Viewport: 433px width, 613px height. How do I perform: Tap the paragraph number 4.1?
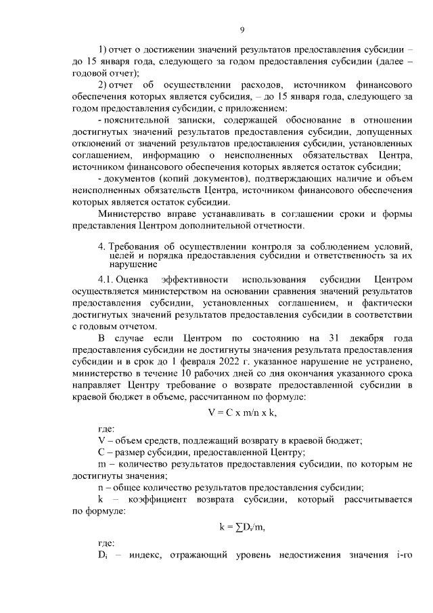point(105,279)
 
